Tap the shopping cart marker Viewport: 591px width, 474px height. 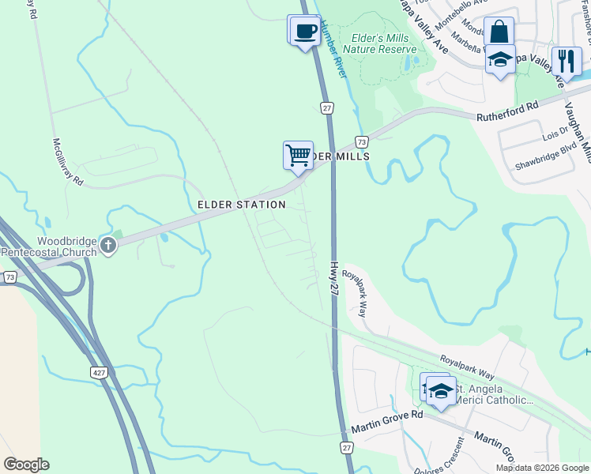(x=298, y=155)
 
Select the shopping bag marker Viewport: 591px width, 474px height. (x=499, y=32)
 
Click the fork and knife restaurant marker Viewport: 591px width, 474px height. (x=566, y=61)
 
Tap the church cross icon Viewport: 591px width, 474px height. (x=109, y=247)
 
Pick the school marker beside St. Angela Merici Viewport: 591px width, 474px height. (x=441, y=390)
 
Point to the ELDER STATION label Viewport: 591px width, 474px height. (x=241, y=205)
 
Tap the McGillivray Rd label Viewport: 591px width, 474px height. (x=68, y=160)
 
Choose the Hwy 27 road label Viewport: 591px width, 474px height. (x=334, y=280)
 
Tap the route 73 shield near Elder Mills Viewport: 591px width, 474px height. (x=361, y=141)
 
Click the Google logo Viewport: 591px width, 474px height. (x=26, y=465)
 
